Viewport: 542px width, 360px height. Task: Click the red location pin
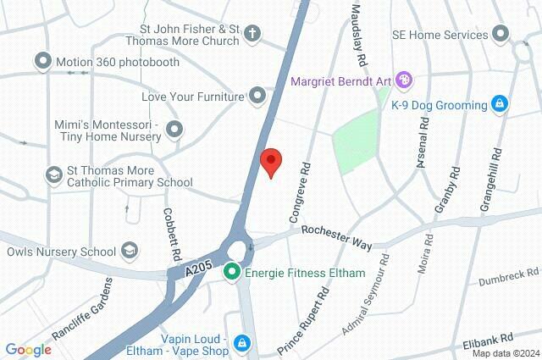pyautogui.click(x=270, y=161)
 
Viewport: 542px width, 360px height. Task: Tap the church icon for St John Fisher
pyautogui.click(x=252, y=35)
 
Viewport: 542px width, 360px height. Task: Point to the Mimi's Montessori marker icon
pyautogui.click(x=174, y=130)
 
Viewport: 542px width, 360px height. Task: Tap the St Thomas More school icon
pyautogui.click(x=54, y=174)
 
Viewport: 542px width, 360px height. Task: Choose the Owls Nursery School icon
pyautogui.click(x=129, y=251)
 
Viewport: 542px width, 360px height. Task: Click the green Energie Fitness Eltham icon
pyautogui.click(x=231, y=273)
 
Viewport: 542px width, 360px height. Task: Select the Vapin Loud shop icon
pyautogui.click(x=243, y=342)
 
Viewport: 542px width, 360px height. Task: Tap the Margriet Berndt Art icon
pyautogui.click(x=404, y=81)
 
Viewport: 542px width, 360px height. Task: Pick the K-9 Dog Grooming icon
pyautogui.click(x=500, y=105)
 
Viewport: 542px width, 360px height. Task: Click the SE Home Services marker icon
pyautogui.click(x=501, y=35)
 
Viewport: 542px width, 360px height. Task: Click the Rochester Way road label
pyautogui.click(x=337, y=236)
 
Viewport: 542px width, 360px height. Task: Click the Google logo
pyautogui.click(x=29, y=349)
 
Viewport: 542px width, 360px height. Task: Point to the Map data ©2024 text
pyautogui.click(x=506, y=353)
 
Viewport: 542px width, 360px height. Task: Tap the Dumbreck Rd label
pyautogui.click(x=508, y=277)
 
